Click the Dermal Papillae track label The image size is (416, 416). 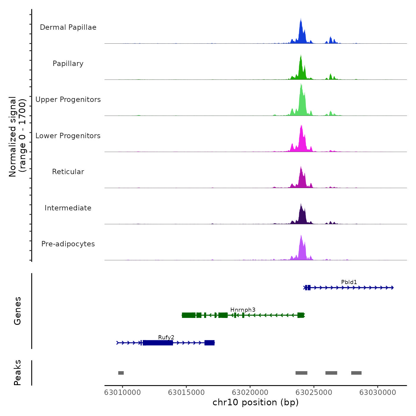click(x=68, y=27)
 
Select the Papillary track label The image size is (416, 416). click(x=68, y=64)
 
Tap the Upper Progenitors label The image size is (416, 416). click(x=68, y=100)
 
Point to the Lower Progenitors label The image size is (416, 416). click(x=68, y=136)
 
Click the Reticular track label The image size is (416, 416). click(x=68, y=172)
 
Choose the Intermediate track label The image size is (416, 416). click(x=68, y=208)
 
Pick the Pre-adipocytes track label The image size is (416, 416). click(x=68, y=244)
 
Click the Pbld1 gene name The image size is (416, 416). click(x=349, y=282)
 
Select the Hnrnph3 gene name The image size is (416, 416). click(x=243, y=310)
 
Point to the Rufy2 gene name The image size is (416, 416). click(x=166, y=337)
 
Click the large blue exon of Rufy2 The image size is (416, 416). click(x=158, y=343)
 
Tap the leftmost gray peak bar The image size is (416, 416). click(x=121, y=373)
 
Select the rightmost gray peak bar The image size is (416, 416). click(x=356, y=373)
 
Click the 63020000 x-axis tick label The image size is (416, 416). click(x=250, y=393)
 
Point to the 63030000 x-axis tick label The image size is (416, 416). click(x=378, y=393)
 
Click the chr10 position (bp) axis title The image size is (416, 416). click(x=256, y=402)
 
